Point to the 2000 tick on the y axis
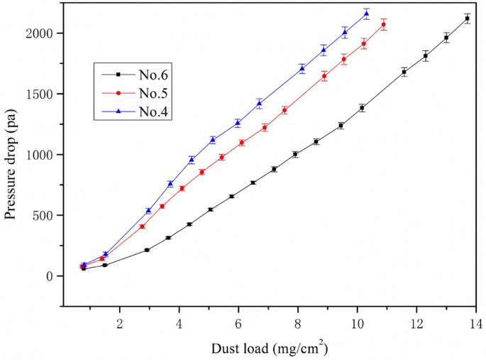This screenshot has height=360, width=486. click(40, 33)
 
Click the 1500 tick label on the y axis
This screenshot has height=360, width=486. click(40, 94)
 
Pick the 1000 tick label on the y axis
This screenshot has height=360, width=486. click(40, 155)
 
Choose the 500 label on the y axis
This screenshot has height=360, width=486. click(45, 215)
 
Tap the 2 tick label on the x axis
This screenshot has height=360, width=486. click(119, 317)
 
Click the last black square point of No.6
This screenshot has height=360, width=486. click(467, 18)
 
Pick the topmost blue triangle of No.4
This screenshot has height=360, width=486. click(366, 13)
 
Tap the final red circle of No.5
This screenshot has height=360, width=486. click(384, 24)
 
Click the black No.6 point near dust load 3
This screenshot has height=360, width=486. click(147, 250)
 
